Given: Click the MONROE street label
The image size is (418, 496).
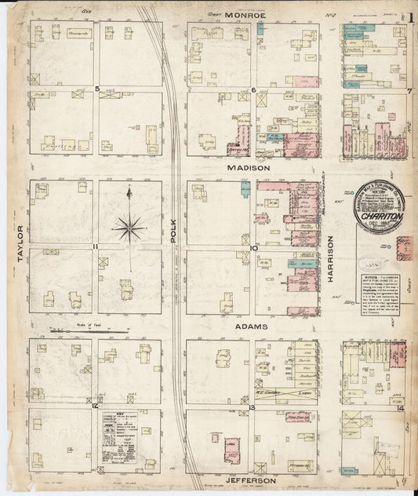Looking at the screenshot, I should pyautogui.click(x=245, y=14).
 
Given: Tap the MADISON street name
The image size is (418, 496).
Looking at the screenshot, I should pyautogui.click(x=249, y=168).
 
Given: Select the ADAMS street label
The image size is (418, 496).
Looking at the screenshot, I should pyautogui.click(x=249, y=326).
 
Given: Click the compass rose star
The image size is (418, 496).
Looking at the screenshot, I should pyautogui.click(x=128, y=228).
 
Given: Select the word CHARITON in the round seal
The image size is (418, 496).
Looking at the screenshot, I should pyautogui.click(x=379, y=210).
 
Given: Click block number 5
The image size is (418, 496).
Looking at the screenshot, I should pyautogui.click(x=96, y=89).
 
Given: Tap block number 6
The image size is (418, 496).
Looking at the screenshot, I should pyautogui.click(x=254, y=89).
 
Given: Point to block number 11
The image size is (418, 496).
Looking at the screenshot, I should pyautogui.click(x=95, y=247).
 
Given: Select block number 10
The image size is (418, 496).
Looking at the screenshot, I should pyautogui.click(x=254, y=247).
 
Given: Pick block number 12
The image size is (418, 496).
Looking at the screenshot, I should pyautogui.click(x=95, y=406).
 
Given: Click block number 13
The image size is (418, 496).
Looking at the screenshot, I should pyautogui.click(x=253, y=406).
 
